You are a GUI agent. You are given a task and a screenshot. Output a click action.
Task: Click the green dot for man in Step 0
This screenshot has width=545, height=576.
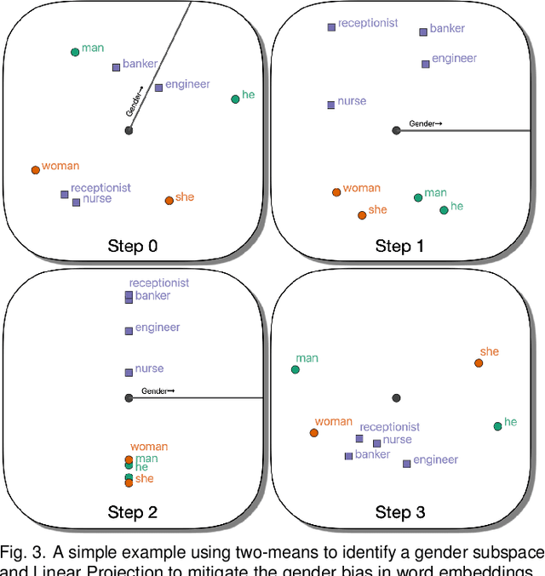(x=75, y=52)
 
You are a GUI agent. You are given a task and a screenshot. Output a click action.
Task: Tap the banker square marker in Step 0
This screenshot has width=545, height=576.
(x=117, y=67)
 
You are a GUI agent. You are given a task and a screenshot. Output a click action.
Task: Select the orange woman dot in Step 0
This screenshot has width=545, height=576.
(x=35, y=170)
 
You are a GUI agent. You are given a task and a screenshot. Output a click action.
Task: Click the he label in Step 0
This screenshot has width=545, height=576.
(x=249, y=94)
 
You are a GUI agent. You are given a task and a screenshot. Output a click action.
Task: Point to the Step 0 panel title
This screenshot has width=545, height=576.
(x=132, y=247)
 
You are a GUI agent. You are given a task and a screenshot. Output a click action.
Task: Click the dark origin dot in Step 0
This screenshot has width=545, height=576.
(x=129, y=130)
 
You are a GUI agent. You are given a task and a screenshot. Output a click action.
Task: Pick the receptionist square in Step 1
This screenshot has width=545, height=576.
(x=331, y=27)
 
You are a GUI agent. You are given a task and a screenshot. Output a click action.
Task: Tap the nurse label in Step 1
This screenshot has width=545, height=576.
(x=352, y=100)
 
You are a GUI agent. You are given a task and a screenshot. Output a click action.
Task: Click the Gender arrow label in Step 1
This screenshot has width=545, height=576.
(x=426, y=124)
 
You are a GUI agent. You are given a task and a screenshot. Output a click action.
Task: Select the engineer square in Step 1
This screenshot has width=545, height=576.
(x=426, y=64)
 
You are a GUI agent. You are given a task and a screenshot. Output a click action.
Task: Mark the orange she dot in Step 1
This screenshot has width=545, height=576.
(x=362, y=214)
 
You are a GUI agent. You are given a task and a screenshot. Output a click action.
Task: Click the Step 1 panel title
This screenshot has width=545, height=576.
(x=400, y=247)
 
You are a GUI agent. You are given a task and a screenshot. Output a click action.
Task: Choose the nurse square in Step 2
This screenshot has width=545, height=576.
(x=129, y=372)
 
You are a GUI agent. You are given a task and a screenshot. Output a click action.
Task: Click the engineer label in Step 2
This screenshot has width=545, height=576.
(x=158, y=327)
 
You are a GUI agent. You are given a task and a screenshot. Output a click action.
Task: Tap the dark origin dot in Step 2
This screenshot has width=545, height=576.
(x=129, y=397)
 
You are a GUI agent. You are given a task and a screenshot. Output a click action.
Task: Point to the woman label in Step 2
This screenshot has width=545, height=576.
(x=149, y=447)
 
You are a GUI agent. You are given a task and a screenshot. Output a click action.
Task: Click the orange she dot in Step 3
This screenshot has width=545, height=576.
(x=479, y=363)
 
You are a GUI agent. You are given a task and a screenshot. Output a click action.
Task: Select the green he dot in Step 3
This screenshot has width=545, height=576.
(x=497, y=425)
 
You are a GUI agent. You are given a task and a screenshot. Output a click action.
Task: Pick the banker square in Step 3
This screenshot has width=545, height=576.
(x=348, y=456)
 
